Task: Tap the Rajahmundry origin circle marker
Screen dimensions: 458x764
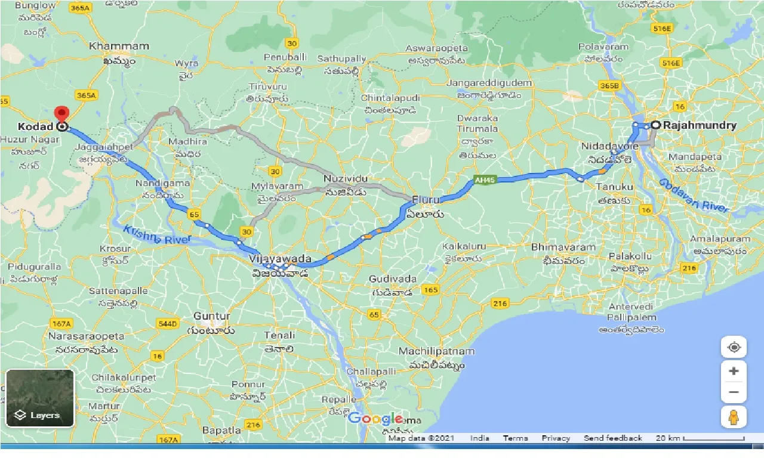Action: click(655, 125)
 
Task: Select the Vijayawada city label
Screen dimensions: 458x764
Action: click(280, 259)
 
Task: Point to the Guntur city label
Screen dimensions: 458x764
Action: click(212, 316)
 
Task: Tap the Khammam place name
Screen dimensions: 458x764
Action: click(110, 46)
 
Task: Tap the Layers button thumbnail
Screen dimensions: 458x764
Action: click(40, 398)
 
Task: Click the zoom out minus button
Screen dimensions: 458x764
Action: click(734, 392)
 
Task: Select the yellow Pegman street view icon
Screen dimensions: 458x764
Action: click(734, 417)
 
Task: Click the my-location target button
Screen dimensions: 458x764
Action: click(734, 347)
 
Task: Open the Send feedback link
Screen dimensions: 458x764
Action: click(613, 438)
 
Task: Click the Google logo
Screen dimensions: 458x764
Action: click(375, 419)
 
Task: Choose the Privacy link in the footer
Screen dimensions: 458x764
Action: click(556, 438)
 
